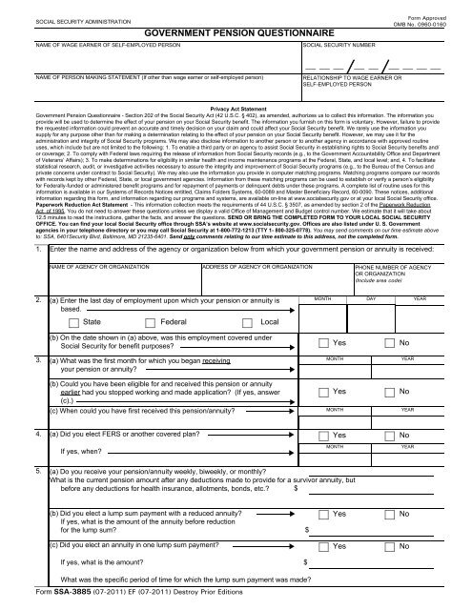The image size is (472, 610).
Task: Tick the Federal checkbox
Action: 158,323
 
